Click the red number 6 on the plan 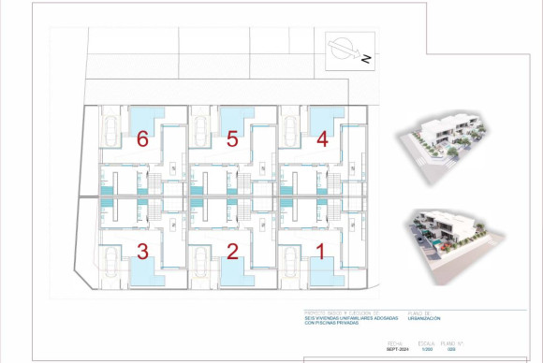click(x=142, y=140)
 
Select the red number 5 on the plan click(x=232, y=140)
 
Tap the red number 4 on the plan click(x=322, y=140)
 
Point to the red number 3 click(x=142, y=251)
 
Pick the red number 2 click(x=232, y=251)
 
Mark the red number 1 click(x=320, y=251)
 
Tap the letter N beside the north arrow click(x=367, y=59)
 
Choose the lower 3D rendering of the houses click(x=453, y=243)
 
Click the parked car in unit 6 click(x=111, y=130)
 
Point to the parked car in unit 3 click(x=111, y=267)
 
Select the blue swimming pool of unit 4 click(x=323, y=118)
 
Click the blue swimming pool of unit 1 click(x=323, y=272)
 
